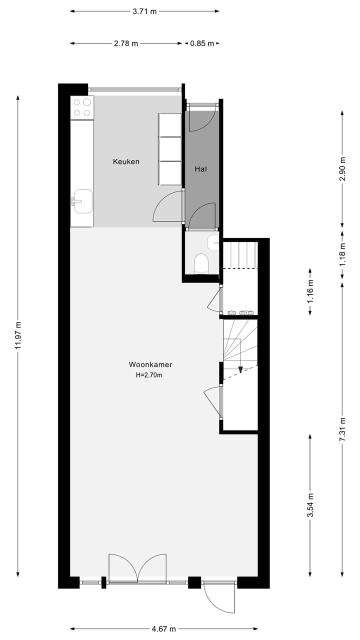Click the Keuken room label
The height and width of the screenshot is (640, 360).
click(x=126, y=161)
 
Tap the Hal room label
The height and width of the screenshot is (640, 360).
click(x=200, y=169)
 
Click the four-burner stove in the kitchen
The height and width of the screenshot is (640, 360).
click(x=82, y=107)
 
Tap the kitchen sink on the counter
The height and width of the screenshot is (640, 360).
click(x=82, y=201)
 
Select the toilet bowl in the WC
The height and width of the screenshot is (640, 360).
click(x=201, y=263)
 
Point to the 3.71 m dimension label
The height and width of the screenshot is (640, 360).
click(x=144, y=10)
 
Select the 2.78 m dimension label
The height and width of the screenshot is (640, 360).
click(x=126, y=43)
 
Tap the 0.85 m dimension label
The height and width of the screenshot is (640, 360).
click(x=202, y=43)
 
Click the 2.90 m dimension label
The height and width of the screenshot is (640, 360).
click(x=342, y=169)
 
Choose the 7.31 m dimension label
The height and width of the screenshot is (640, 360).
click(x=342, y=428)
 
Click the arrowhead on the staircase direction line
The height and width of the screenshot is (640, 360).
click(x=240, y=369)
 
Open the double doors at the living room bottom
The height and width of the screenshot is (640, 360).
click(x=137, y=567)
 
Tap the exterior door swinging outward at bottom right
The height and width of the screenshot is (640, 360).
click(x=219, y=597)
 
